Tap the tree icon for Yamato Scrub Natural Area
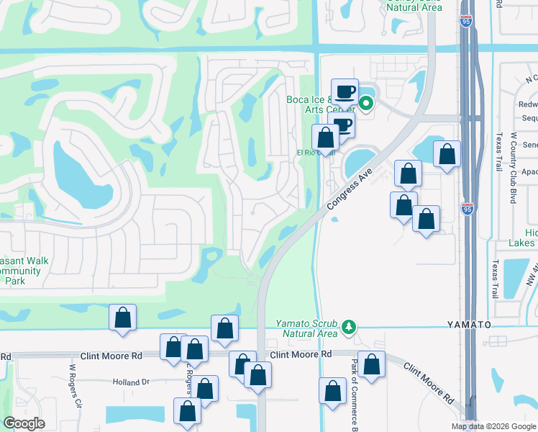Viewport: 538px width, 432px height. point(350,328)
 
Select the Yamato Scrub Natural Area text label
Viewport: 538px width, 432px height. point(306,328)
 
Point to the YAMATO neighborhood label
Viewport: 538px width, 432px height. point(468,325)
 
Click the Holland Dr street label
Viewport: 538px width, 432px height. point(130,382)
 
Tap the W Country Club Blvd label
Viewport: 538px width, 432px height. point(514,168)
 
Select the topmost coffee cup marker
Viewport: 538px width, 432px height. point(345,92)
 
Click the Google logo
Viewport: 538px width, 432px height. point(24,423)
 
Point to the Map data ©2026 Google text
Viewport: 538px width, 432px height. point(493,426)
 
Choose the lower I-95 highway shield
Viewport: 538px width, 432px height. point(468,210)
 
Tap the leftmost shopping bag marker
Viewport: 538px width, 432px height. point(122,318)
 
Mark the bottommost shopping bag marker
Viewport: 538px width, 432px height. point(187,413)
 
